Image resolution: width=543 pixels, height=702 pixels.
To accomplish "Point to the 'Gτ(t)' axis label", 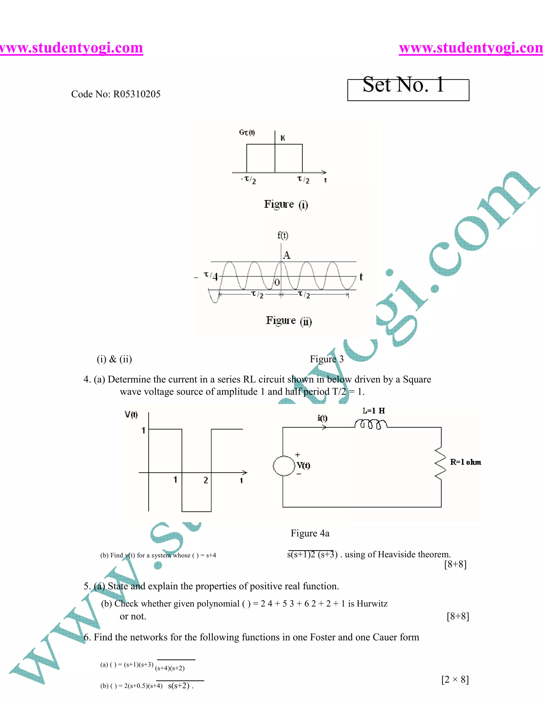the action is [x=247, y=132].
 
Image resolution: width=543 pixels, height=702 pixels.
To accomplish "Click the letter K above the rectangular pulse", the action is [x=283, y=138].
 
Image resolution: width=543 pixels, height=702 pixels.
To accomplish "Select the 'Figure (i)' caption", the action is [x=286, y=205].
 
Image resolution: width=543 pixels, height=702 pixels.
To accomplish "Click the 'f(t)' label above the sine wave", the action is [x=283, y=236].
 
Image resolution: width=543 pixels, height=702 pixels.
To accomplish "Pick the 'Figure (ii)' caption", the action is [x=288, y=321].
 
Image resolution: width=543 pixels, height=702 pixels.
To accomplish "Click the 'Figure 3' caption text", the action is [x=326, y=359].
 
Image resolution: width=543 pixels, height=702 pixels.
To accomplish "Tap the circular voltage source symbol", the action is [x=284, y=466].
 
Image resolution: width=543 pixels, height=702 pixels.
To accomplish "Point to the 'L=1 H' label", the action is [x=374, y=411].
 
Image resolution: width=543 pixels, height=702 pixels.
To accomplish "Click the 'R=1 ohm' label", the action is [x=466, y=462].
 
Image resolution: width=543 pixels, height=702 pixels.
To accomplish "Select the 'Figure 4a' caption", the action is [x=310, y=533].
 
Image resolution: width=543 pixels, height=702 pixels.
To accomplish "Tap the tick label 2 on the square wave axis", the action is [x=206, y=480].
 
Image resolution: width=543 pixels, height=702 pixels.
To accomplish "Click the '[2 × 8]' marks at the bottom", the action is [x=455, y=679].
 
